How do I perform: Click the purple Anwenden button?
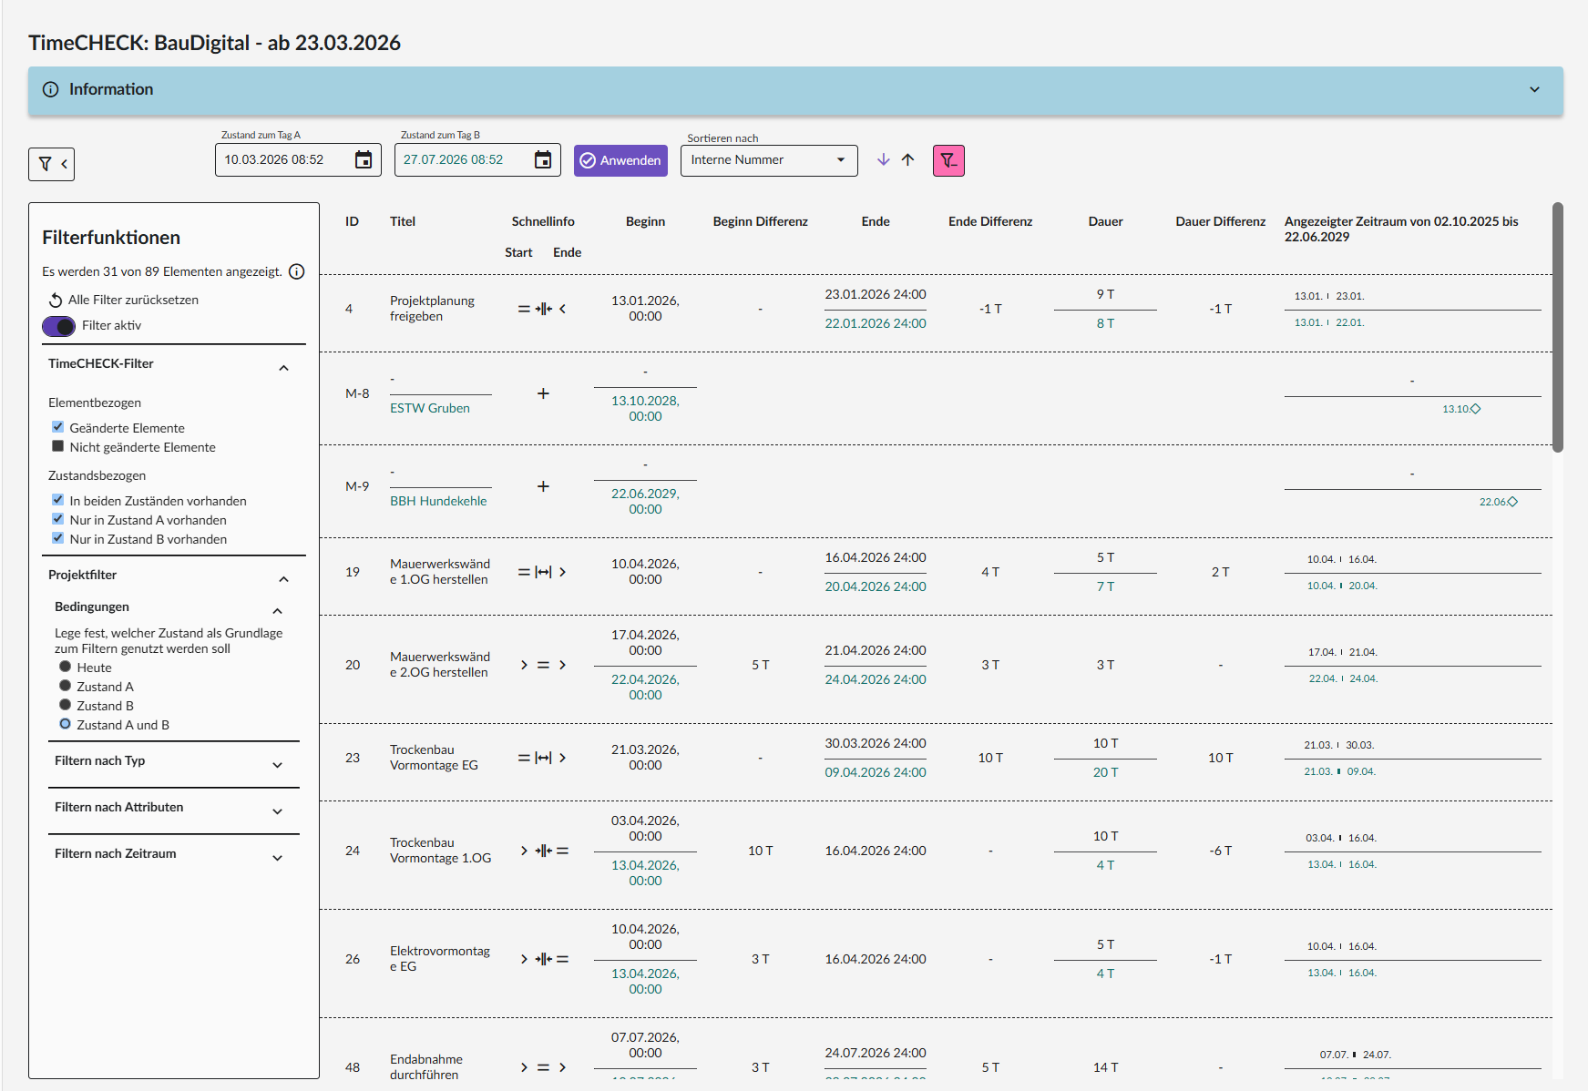coord(620,160)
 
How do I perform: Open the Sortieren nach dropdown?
coord(769,160)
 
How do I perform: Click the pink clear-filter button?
coord(948,160)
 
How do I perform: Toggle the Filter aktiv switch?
coord(59,326)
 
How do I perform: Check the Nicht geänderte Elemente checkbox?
coord(58,446)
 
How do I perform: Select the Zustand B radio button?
coord(65,705)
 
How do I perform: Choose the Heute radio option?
coord(65,667)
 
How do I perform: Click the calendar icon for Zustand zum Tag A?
coord(364,160)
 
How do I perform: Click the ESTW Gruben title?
coord(430,408)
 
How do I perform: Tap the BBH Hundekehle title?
coord(438,501)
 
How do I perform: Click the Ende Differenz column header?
coord(990,221)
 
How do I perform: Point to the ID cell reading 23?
coord(353,758)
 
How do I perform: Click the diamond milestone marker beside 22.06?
coord(1512,502)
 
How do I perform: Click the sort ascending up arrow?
coord(907,159)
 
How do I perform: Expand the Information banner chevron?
coord(1534,89)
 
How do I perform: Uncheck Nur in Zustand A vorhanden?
coord(58,519)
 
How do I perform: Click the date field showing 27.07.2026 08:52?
coord(465,160)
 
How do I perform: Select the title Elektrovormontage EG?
coord(440,959)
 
